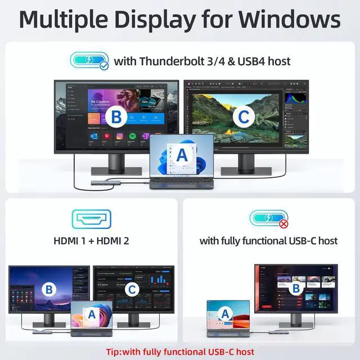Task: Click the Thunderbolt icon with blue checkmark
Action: [89, 60]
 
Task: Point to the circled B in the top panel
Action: [116, 116]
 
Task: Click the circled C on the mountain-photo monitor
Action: [242, 116]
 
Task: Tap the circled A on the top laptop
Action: [182, 153]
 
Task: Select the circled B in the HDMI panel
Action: [49, 290]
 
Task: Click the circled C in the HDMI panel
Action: [130, 290]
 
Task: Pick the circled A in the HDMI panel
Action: [92, 313]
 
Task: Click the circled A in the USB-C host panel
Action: [226, 314]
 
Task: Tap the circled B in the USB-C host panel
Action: [295, 288]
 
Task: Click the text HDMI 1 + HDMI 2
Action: [91, 241]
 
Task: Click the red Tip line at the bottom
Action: [179, 352]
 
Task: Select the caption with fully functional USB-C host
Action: [268, 241]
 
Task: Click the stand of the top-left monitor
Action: [116, 163]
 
